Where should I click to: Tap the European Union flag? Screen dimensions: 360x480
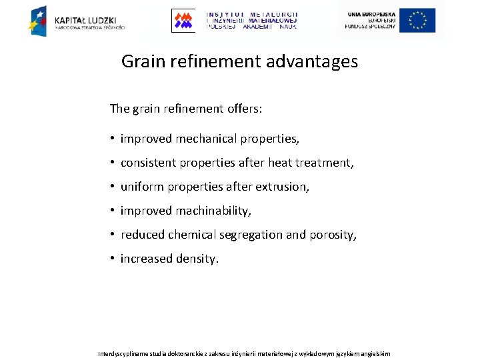coord(418,20)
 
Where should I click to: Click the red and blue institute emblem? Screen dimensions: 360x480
coord(183,21)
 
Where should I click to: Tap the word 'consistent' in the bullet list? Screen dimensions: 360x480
coord(147,163)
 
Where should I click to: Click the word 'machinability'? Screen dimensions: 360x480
coord(213,211)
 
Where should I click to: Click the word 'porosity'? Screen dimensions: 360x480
coord(335,235)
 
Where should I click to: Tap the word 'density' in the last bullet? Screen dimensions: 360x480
coord(196,259)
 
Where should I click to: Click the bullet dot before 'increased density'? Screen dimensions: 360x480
coord(113,259)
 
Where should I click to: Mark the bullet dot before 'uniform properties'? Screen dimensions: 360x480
coord(113,187)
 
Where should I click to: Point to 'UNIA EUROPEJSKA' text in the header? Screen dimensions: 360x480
coord(370,13)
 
